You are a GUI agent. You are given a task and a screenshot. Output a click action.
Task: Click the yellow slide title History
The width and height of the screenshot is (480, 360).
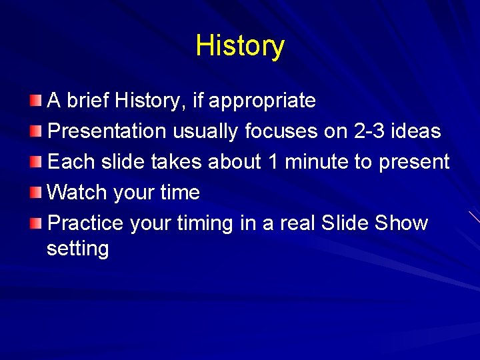(x=240, y=46)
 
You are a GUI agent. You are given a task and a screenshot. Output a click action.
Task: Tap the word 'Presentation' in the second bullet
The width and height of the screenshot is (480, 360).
(x=108, y=131)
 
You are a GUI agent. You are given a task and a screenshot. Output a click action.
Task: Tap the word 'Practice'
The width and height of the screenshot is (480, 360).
(x=86, y=223)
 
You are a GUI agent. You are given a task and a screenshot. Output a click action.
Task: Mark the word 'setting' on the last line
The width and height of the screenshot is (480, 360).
(x=77, y=249)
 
